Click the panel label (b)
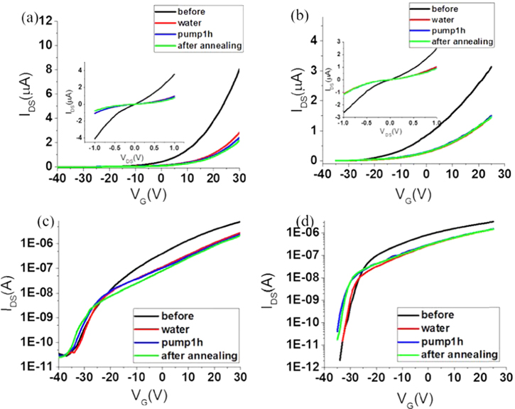280,13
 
